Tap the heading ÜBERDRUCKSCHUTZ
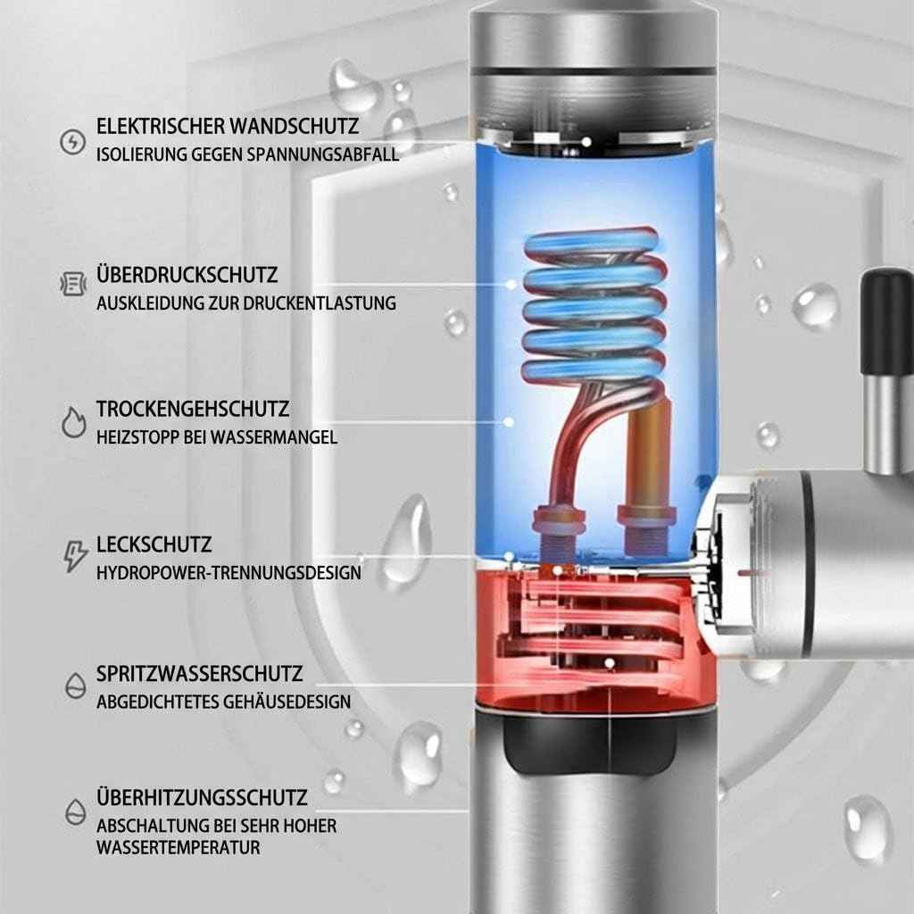187,274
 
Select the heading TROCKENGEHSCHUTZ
193,410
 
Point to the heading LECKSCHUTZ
154,544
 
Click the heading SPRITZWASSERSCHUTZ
200,673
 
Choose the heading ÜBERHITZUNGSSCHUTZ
202,797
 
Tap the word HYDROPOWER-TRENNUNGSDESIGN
229,572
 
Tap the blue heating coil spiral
594,303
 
